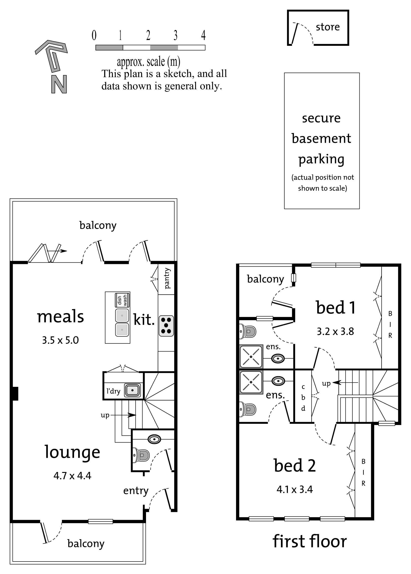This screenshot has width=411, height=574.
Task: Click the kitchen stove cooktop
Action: point(166,326)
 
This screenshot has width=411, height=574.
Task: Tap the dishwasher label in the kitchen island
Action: point(122,300)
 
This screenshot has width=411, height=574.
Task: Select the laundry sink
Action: point(132,390)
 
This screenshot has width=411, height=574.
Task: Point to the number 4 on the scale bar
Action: point(203,35)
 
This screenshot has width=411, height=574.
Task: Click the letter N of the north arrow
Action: point(59,84)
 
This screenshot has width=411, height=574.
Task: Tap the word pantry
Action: point(167,278)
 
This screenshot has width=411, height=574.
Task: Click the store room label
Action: point(328,27)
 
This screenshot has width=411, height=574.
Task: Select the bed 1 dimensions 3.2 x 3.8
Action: point(335,331)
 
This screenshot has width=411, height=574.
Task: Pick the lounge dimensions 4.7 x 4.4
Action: point(72,476)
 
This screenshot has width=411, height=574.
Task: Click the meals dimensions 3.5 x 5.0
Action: point(60,340)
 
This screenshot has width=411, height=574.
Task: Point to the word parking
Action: point(321,160)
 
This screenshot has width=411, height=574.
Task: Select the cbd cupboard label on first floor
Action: point(303,398)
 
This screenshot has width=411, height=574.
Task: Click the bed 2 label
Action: point(295,466)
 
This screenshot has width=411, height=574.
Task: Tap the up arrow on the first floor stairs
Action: point(345,383)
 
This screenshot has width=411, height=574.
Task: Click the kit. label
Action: point(144,320)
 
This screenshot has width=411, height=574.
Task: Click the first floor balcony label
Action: point(265,279)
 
